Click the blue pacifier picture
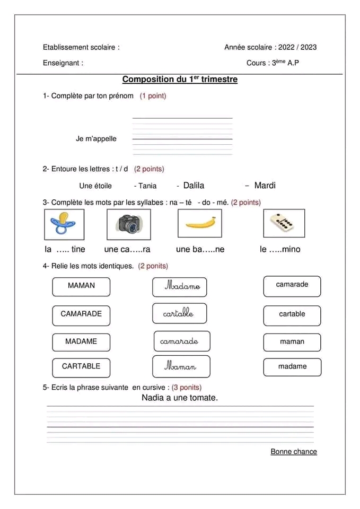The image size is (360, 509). click(x=63, y=223)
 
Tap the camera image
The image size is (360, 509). click(x=128, y=223)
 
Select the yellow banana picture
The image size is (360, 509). click(x=200, y=223)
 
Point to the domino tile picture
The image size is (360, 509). click(x=284, y=223)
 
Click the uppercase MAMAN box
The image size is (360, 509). click(x=81, y=286)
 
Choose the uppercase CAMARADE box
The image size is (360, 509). click(x=81, y=314)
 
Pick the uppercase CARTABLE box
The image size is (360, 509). click(x=81, y=367)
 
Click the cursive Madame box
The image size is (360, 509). click(x=180, y=286)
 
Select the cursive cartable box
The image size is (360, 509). click(x=179, y=313)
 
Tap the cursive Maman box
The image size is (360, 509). click(x=181, y=366)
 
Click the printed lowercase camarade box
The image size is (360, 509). click(x=292, y=285)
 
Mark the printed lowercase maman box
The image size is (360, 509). click(x=292, y=342)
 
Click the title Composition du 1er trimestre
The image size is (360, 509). click(x=180, y=80)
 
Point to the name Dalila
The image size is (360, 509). click(x=194, y=186)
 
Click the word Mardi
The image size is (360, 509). click(x=265, y=186)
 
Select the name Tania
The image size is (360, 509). click(x=147, y=186)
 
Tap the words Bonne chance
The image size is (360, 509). click(x=294, y=452)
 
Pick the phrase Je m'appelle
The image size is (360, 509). click(x=96, y=139)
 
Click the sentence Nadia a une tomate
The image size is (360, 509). click(x=180, y=398)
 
